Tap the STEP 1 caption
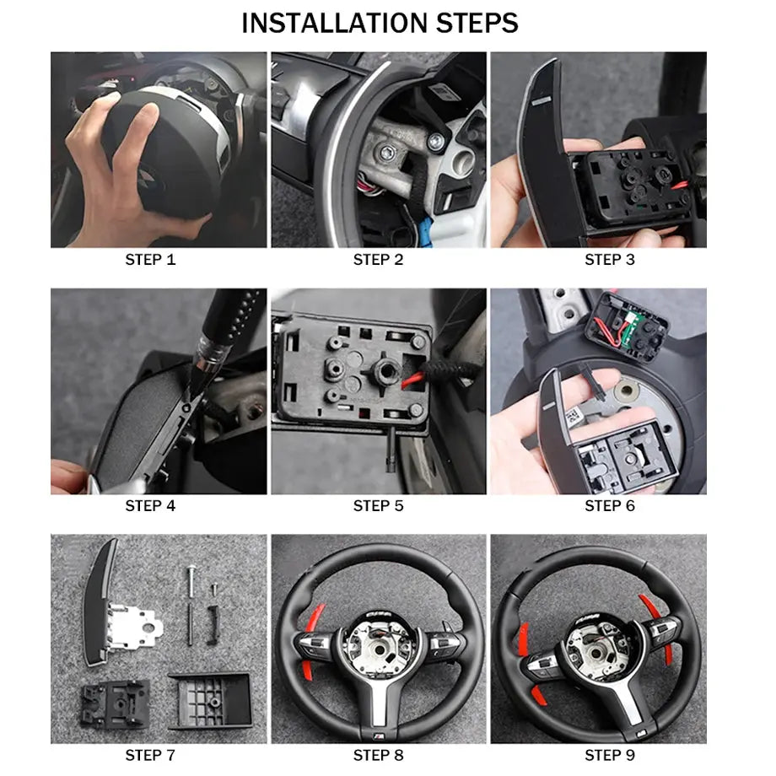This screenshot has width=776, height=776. [x=150, y=260]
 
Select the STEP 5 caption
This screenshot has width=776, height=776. [x=378, y=506]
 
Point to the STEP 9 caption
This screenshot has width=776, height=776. [x=610, y=755]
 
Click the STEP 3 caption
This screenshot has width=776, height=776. [x=610, y=260]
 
